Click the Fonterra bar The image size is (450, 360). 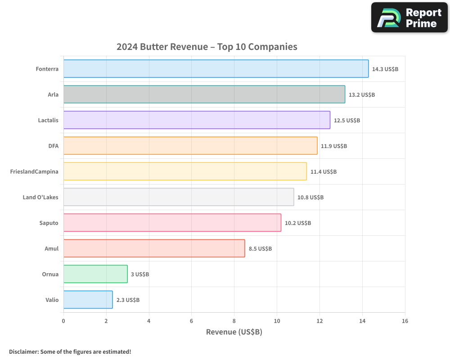pyautogui.click(x=216, y=69)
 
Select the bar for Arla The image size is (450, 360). pyautogui.click(x=204, y=94)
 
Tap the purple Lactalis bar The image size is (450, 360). pyautogui.click(x=197, y=120)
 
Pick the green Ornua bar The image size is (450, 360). pyautogui.click(x=95, y=274)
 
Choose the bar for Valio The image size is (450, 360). pyautogui.click(x=88, y=300)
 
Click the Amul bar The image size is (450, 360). pyautogui.click(x=154, y=248)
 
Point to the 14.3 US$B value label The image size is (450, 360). pyautogui.click(x=385, y=69)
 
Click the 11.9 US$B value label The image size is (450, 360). pyautogui.click(x=334, y=146)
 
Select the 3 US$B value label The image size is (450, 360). pyautogui.click(x=140, y=274)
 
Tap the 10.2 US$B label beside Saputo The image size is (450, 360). pyautogui.click(x=298, y=223)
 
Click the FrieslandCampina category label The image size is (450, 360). pyautogui.click(x=34, y=171)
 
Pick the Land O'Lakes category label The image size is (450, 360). pyautogui.click(x=40, y=197)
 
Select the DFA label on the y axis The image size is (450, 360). pyautogui.click(x=53, y=146)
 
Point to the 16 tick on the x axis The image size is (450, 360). pyautogui.click(x=405, y=321)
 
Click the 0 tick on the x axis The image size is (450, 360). pyautogui.click(x=63, y=321)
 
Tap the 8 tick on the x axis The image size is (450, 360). pyautogui.click(x=234, y=321)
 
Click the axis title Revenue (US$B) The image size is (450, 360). pyautogui.click(x=234, y=332)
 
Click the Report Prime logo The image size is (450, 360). pyautogui.click(x=409, y=18)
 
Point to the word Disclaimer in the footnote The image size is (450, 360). pyautogui.click(x=23, y=351)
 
